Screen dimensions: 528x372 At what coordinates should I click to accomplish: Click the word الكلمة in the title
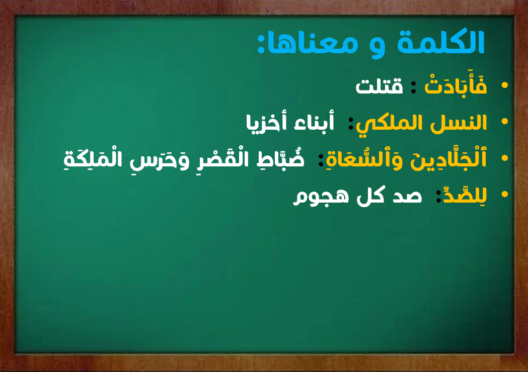[441, 42]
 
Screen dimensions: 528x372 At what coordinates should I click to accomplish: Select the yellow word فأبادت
[456, 85]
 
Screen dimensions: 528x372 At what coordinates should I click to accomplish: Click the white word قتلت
[379, 86]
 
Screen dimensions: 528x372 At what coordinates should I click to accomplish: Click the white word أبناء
[314, 122]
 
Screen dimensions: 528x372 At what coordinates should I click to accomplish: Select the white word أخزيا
[266, 123]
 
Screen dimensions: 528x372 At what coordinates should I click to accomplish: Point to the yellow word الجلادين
[448, 159]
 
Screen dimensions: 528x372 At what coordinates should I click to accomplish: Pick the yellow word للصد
[465, 195]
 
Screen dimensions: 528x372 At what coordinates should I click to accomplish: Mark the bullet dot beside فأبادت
[504, 85]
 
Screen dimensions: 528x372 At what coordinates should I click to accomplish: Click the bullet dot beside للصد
[504, 194]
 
